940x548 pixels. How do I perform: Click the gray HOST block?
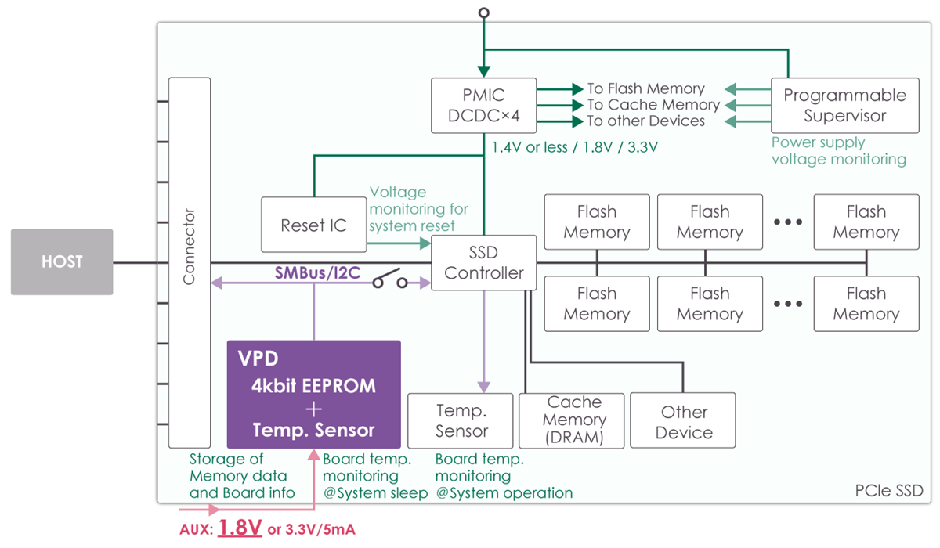(x=62, y=261)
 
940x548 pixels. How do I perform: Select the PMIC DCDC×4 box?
(x=483, y=105)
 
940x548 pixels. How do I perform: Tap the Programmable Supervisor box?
(x=844, y=105)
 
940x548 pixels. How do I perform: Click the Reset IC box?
(x=313, y=225)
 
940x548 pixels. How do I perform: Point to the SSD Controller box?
(x=483, y=263)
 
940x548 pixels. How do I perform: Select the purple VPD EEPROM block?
(x=313, y=394)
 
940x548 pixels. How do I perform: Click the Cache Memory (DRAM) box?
(x=574, y=420)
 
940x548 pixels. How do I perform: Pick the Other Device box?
(x=683, y=421)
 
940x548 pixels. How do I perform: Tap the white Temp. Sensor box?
(x=461, y=420)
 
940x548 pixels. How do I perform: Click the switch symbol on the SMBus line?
(x=389, y=280)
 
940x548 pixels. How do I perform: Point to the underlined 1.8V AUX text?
(x=240, y=528)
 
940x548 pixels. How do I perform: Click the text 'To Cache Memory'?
(x=653, y=105)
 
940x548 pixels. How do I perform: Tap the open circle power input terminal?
(x=484, y=13)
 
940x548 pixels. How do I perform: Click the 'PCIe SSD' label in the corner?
(x=889, y=491)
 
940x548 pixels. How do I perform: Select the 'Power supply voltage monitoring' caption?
(x=838, y=151)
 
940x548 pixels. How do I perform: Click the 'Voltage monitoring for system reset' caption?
(x=418, y=209)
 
